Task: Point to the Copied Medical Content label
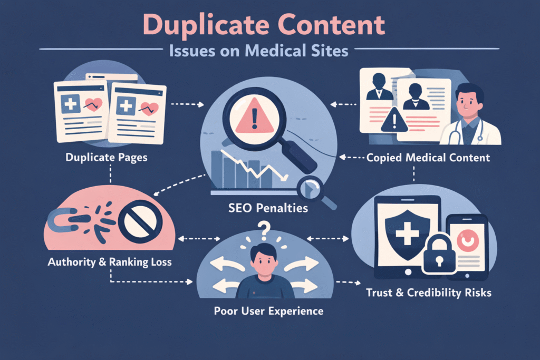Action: click(428, 158)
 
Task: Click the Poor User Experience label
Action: click(268, 310)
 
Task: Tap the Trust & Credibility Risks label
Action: click(429, 292)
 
